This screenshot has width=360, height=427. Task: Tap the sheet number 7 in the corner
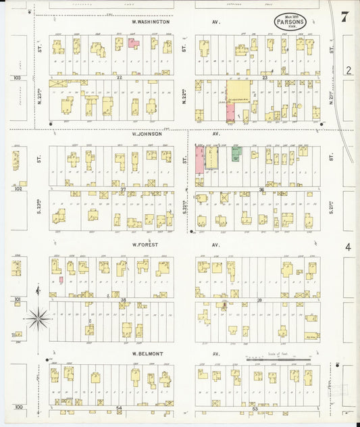(344, 18)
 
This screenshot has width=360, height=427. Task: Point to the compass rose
(38, 316)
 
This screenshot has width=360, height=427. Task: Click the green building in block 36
(236, 155)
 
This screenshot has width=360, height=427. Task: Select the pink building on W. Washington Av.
(134, 43)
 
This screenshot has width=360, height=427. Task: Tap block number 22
(119, 78)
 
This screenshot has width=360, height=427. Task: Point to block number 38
(123, 299)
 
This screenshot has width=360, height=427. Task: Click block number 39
(259, 299)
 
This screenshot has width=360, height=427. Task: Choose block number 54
(119, 408)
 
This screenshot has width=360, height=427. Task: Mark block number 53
(255, 408)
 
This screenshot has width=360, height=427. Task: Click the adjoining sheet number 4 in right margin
(348, 248)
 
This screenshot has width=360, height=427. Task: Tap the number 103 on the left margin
(18, 78)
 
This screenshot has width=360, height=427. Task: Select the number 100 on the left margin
(18, 407)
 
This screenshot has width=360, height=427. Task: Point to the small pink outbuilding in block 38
(61, 279)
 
